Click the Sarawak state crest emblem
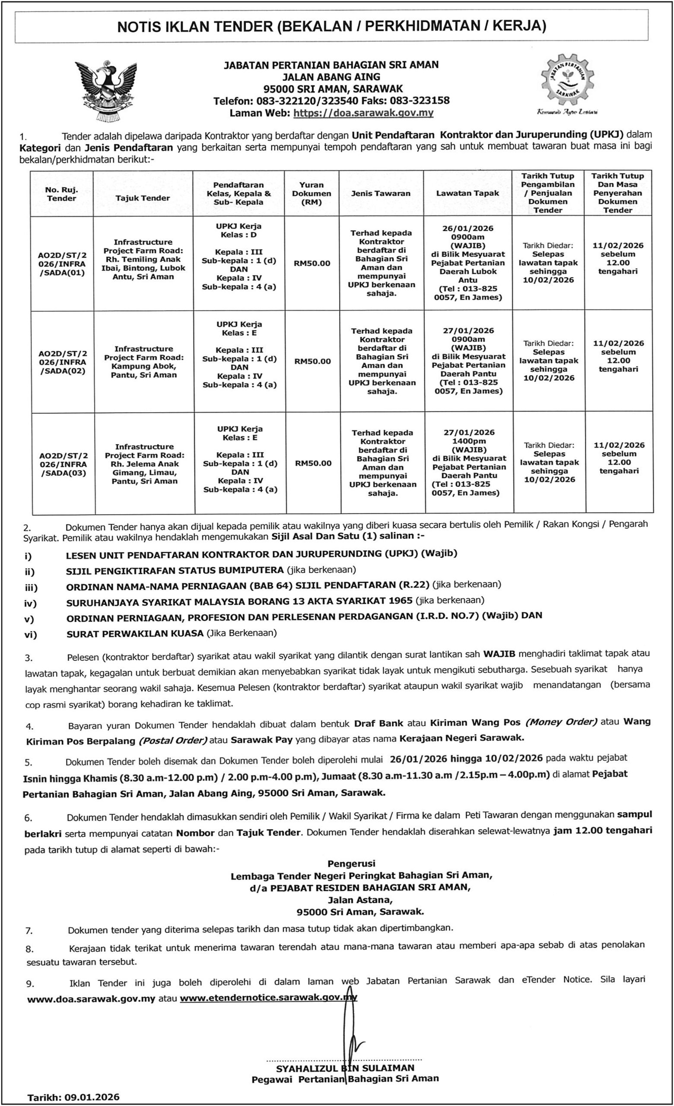(106, 91)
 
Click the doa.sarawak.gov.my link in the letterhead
(363, 113)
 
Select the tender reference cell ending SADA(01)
(61, 264)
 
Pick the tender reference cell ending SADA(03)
(63, 464)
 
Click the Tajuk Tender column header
(143, 198)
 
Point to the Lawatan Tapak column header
(467, 194)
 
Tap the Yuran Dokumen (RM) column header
(312, 194)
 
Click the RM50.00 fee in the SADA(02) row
(313, 361)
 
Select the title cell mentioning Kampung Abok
(143, 362)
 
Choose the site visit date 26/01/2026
(467, 229)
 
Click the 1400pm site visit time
(469, 441)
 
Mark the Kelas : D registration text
(239, 235)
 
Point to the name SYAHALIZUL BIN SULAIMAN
(345, 1068)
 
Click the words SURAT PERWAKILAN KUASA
(135, 633)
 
